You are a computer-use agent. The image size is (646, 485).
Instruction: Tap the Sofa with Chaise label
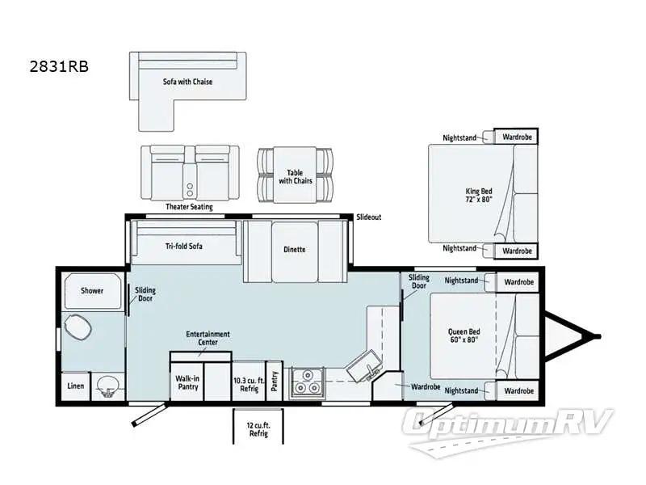[x=187, y=82]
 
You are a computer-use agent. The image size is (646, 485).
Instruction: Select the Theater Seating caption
[x=189, y=207]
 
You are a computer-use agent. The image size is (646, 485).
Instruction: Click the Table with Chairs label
[x=295, y=176]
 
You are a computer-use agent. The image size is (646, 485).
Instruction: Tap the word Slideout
[x=368, y=217]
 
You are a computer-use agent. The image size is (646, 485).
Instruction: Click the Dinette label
[x=295, y=249]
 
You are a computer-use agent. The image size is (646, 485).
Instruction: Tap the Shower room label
[x=92, y=291]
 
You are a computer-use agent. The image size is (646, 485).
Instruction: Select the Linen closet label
[x=76, y=386]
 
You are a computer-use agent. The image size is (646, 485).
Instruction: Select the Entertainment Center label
[x=208, y=337]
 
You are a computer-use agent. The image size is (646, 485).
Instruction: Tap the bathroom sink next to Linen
[x=106, y=387]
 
